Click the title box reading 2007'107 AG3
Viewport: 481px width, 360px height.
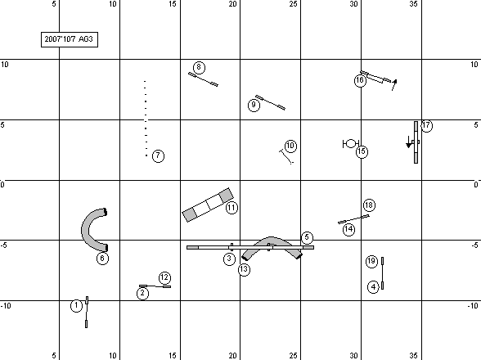click(x=70, y=39)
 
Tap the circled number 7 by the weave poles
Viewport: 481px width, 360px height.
click(x=158, y=156)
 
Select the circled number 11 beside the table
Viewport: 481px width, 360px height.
click(x=232, y=208)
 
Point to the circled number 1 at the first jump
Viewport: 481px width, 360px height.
click(x=76, y=306)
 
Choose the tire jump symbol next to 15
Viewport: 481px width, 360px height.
click(x=351, y=144)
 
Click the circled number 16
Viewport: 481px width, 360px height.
click(x=360, y=80)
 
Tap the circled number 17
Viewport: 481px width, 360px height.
click(x=426, y=125)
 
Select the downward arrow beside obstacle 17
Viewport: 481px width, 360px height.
click(x=409, y=142)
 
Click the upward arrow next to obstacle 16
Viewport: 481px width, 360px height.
click(x=394, y=85)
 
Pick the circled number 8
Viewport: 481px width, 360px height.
click(x=199, y=67)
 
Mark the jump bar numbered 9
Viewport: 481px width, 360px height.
click(x=271, y=102)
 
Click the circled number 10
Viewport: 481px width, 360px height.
click(x=290, y=146)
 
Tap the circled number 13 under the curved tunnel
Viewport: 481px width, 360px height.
click(x=244, y=269)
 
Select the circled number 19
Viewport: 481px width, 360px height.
click(x=371, y=261)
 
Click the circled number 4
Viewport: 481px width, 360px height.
click(x=373, y=287)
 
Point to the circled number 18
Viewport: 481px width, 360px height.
click(x=369, y=205)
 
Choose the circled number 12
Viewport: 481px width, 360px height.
click(x=164, y=277)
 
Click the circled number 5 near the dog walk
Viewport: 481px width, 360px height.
click(x=307, y=237)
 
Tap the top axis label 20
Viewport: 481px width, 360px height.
click(x=233, y=4)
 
